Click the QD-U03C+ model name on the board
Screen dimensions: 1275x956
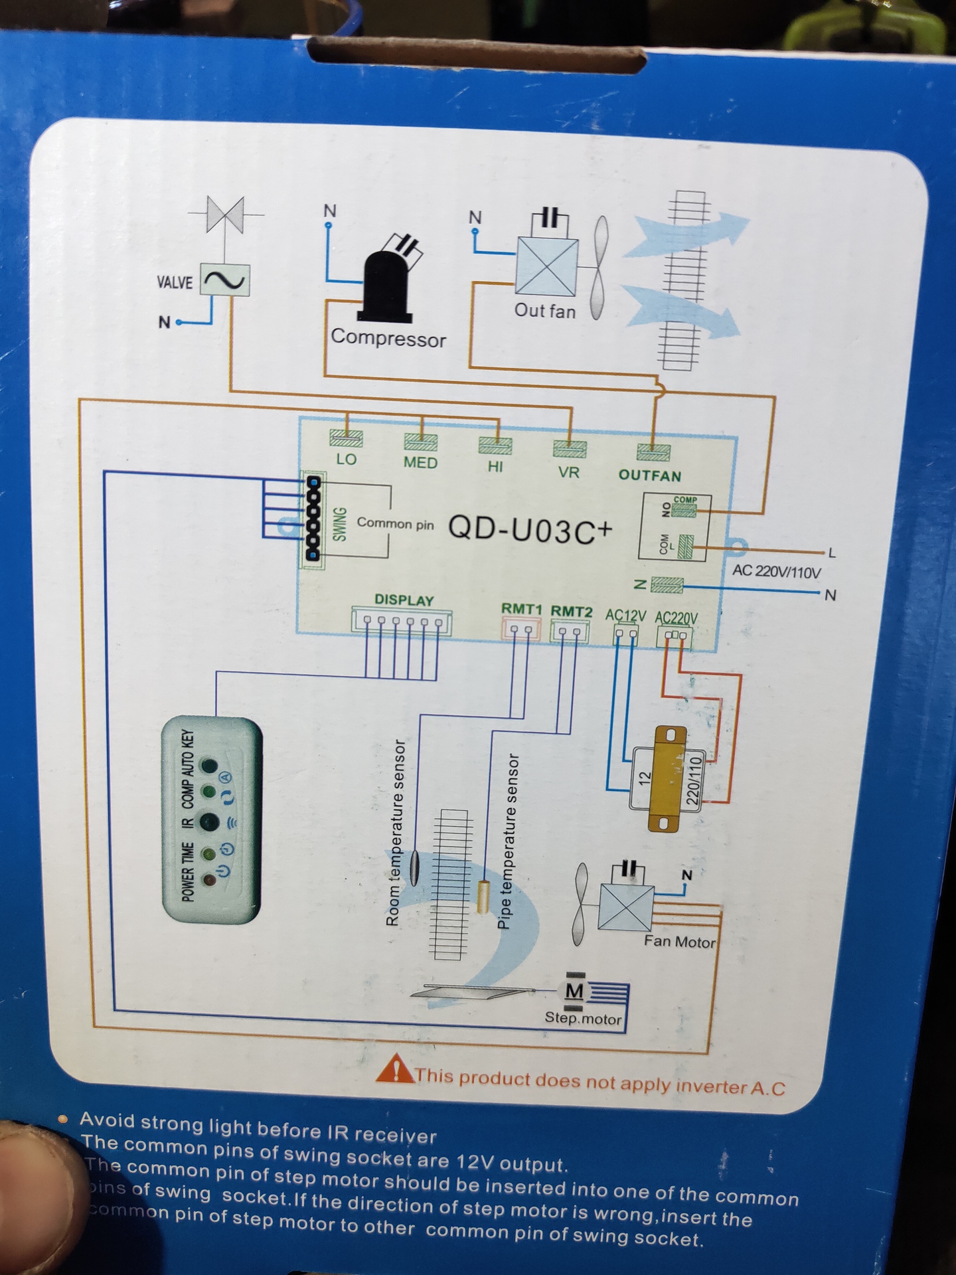pos(530,529)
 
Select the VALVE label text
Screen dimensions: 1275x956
pos(174,282)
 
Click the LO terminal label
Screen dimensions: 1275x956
pos(346,460)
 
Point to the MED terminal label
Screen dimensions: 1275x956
pos(420,463)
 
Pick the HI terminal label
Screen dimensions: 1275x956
pos(495,467)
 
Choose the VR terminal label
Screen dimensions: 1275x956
pos(569,472)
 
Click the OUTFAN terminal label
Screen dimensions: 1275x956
pos(650,475)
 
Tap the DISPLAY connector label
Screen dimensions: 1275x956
pos(404,600)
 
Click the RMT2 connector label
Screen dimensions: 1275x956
pos(571,611)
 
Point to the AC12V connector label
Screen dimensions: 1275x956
pos(625,615)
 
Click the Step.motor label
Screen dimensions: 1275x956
pos(583,1019)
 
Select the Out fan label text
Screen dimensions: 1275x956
pos(545,311)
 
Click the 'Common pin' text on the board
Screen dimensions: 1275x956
pos(395,523)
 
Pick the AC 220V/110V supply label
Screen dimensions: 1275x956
pos(776,571)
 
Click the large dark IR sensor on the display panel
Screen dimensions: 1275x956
pos(210,822)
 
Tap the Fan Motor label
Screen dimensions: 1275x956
pos(679,942)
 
